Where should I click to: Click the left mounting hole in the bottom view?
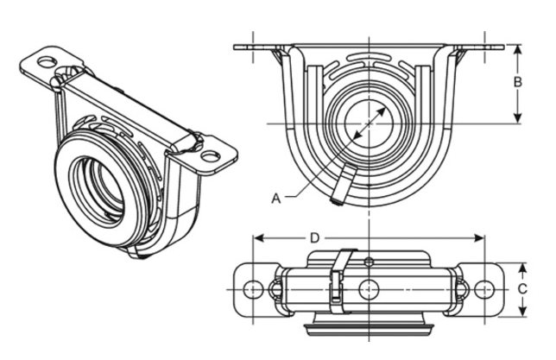[252, 288]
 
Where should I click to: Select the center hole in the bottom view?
[369, 288]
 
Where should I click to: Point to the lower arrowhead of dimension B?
[518, 122]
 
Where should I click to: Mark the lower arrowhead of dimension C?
[522, 314]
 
